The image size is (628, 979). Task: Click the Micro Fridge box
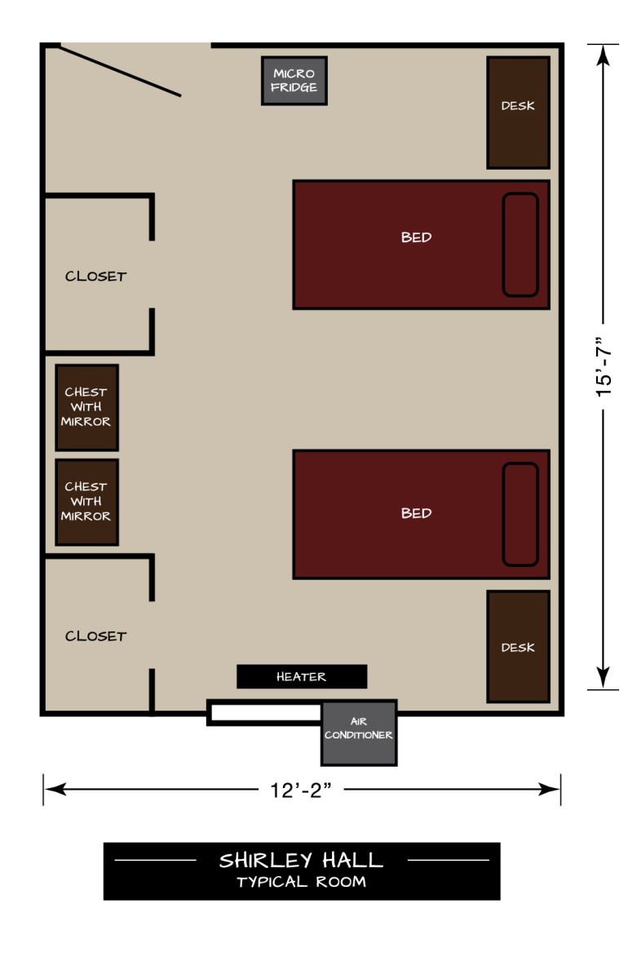coord(294,81)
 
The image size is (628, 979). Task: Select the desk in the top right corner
coord(518,113)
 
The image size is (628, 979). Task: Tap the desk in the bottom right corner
coord(518,647)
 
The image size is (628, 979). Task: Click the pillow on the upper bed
coord(520,245)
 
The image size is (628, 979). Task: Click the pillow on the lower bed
coord(520,514)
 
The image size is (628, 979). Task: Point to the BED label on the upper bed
coord(416,238)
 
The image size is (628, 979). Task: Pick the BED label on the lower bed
coord(416,514)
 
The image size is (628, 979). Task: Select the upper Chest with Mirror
coord(86,407)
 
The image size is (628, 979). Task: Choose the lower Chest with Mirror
coord(86,502)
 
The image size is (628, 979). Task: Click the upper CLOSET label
coord(95,277)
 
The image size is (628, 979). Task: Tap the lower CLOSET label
coord(95,636)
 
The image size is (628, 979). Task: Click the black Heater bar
coord(301,676)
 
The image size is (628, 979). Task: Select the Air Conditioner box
coord(359,733)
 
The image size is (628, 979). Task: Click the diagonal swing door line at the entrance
coord(121,71)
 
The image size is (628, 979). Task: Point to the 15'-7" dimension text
coord(604,366)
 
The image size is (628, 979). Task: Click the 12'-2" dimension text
coord(302,790)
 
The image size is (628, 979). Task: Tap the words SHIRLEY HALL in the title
coord(301,860)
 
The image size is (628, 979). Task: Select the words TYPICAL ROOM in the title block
coord(301,882)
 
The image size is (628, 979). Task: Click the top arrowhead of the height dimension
coord(603,55)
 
